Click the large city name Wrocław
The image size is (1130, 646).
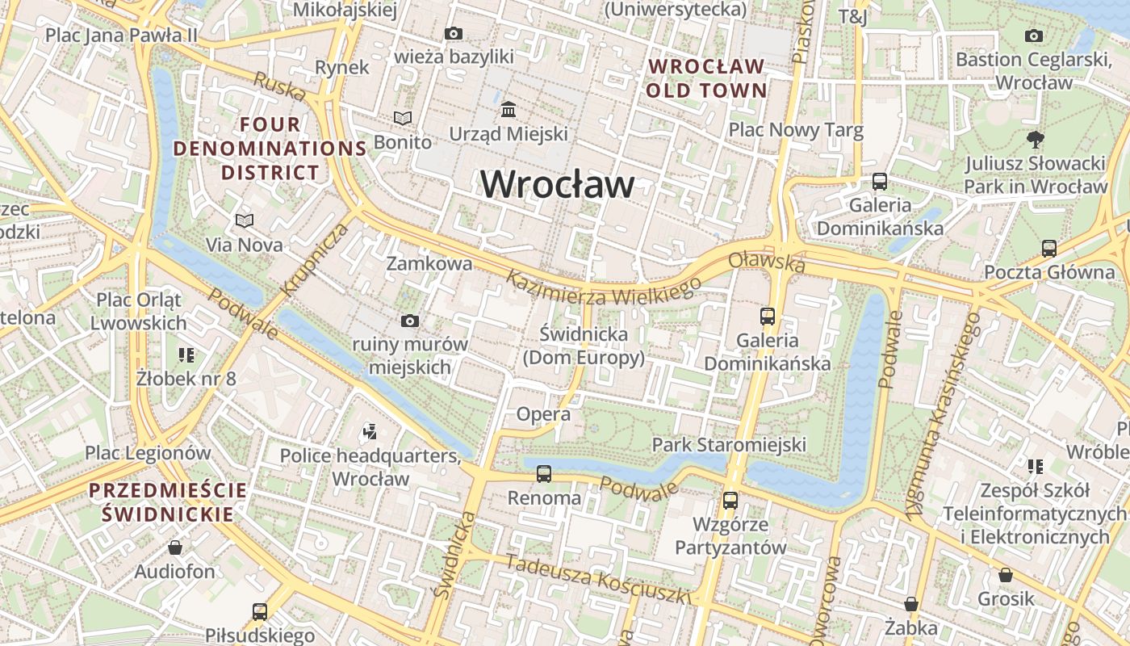point(557,184)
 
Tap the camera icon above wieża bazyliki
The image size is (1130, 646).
point(454,33)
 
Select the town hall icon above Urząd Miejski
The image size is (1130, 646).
point(508,109)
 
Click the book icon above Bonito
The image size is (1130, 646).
point(402,119)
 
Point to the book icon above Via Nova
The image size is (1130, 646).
point(244,220)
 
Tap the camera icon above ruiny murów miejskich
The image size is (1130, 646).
point(409,321)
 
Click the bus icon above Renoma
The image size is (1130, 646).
point(544,474)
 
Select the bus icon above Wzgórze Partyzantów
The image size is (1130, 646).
point(730,501)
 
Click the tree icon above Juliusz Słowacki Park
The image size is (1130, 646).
point(1035,140)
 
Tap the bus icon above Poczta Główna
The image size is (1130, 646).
point(1048,248)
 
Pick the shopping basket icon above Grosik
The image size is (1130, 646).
point(1005,575)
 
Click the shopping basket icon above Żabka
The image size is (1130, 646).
point(910,604)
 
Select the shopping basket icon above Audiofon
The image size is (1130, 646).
point(175,547)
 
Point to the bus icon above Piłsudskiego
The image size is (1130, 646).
point(259,611)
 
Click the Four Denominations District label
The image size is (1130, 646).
point(270,149)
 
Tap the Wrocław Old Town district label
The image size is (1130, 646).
point(705,78)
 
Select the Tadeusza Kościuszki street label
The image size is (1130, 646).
point(598,578)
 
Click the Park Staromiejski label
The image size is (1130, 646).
point(729,444)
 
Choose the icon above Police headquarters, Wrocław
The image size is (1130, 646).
point(370,432)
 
